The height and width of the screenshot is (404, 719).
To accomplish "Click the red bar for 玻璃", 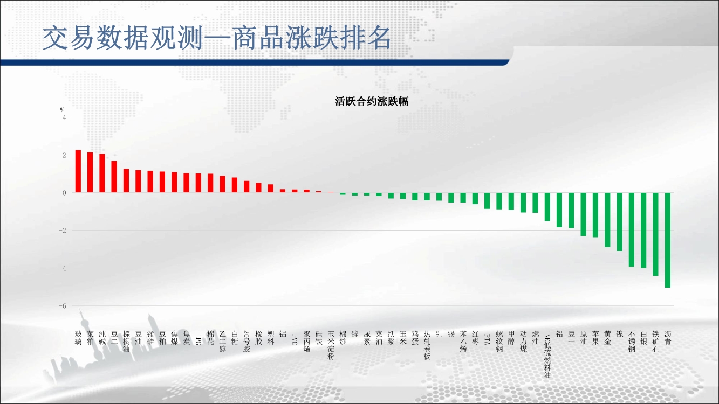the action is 78,171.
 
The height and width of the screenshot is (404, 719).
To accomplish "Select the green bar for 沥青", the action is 668,240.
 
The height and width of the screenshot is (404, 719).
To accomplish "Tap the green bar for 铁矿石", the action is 655,234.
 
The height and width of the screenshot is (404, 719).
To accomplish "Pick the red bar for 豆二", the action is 114,177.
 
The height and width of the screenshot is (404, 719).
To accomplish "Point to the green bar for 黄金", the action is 607,220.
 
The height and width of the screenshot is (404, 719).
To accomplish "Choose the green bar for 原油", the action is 583,214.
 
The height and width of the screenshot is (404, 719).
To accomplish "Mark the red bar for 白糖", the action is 234,185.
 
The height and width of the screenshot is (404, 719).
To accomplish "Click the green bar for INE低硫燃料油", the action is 547,207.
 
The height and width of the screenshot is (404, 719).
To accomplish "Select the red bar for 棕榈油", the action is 126,181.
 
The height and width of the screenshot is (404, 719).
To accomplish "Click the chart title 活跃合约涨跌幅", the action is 372,102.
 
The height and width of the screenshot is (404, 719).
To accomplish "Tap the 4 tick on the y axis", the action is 64,117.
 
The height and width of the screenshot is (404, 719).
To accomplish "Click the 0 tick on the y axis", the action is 64,193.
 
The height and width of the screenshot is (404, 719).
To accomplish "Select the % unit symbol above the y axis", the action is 62,110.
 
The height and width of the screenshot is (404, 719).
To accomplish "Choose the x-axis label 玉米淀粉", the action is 331,345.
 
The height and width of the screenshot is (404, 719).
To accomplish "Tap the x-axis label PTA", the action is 487,339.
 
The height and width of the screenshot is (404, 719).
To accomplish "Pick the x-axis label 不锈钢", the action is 632,342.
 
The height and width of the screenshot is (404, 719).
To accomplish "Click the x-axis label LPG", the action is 198,339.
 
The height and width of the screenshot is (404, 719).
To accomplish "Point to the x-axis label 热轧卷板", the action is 427,345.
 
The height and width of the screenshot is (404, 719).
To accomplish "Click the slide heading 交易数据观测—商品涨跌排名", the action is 217,38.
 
